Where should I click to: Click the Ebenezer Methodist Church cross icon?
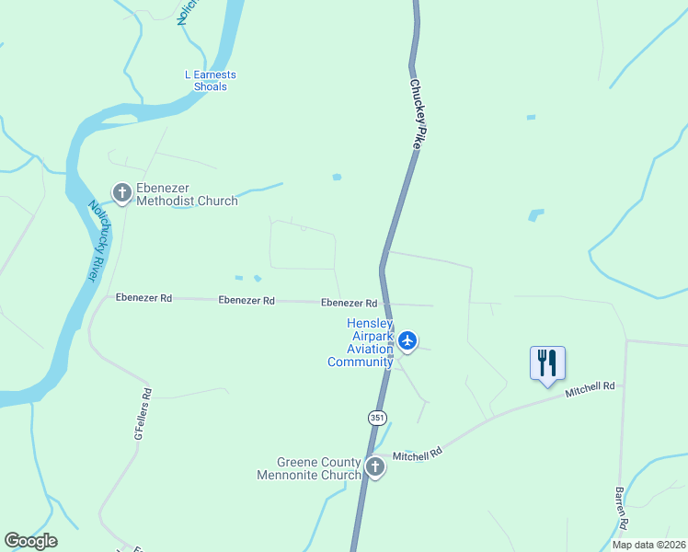[x=121, y=192]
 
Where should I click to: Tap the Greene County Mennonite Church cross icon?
[x=374, y=467]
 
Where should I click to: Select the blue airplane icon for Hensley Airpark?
[x=407, y=341]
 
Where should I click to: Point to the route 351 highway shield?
[x=377, y=418]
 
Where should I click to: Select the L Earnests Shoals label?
[x=211, y=81]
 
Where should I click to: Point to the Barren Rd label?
[x=622, y=508]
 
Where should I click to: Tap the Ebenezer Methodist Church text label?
[x=187, y=194]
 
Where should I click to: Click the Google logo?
[x=30, y=541]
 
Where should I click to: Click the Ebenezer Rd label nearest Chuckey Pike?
[x=350, y=303]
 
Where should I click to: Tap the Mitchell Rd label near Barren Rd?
[x=590, y=389]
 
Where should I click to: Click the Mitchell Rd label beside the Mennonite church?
[x=418, y=454]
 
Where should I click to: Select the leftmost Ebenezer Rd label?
[x=144, y=298]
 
